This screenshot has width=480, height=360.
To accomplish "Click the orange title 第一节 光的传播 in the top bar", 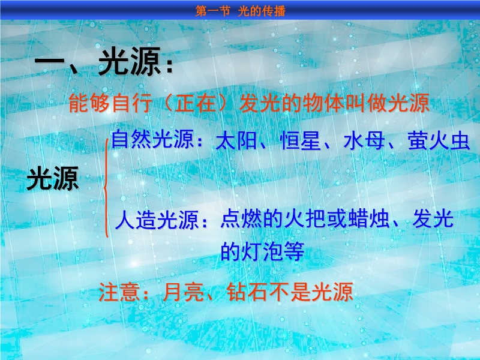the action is pos(241,11).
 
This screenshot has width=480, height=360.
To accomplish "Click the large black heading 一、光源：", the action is pos(104,62).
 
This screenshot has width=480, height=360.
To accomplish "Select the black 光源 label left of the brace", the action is pos(53,179).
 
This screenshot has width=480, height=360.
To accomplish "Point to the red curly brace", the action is pos(106,188).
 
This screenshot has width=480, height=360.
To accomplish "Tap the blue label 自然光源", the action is pos(152,140).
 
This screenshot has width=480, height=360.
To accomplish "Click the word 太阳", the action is pos(236,141).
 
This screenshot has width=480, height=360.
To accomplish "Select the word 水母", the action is pos(364,141).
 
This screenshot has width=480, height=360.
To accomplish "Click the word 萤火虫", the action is pos(439,141).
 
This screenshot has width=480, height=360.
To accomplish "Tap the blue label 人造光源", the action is pos(157,220).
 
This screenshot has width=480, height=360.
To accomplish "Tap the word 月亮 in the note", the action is pos(184,292).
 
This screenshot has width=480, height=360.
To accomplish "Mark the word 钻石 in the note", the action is pos(248,292).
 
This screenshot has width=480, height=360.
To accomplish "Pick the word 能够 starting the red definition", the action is pos(89,103).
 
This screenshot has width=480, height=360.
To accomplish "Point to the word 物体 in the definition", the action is pos(323,103).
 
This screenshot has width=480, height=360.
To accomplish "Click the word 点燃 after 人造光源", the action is pos(241,219).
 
